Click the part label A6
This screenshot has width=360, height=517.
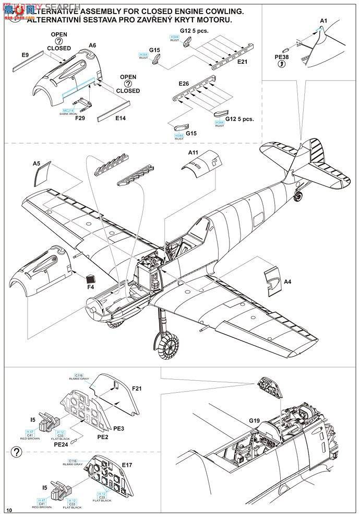(x=92, y=45)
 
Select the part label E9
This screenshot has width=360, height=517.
(x=25, y=54)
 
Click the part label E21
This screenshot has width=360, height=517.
(x=243, y=62)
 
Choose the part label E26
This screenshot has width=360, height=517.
(x=183, y=83)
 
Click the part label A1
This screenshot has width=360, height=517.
(x=323, y=20)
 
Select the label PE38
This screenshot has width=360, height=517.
(x=282, y=56)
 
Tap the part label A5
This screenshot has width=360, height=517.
(x=37, y=163)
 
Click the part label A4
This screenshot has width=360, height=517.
(x=288, y=282)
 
